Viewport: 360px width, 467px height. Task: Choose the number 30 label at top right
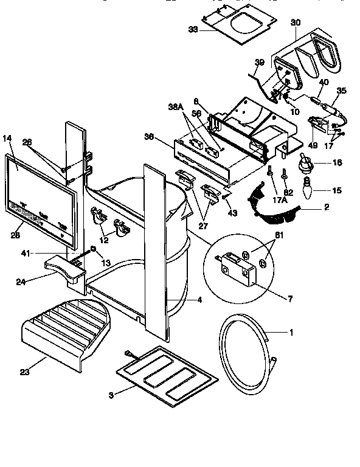(296, 22)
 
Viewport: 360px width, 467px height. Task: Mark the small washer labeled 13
(92, 249)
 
